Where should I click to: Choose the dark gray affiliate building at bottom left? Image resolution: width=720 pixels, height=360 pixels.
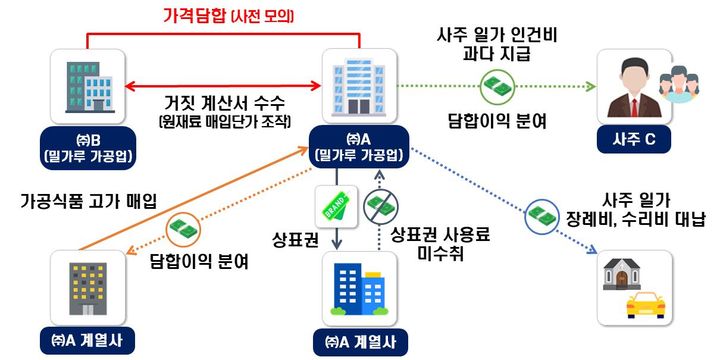pos(88,287)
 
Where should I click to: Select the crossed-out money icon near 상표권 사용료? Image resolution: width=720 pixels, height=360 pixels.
pos(381,207)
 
